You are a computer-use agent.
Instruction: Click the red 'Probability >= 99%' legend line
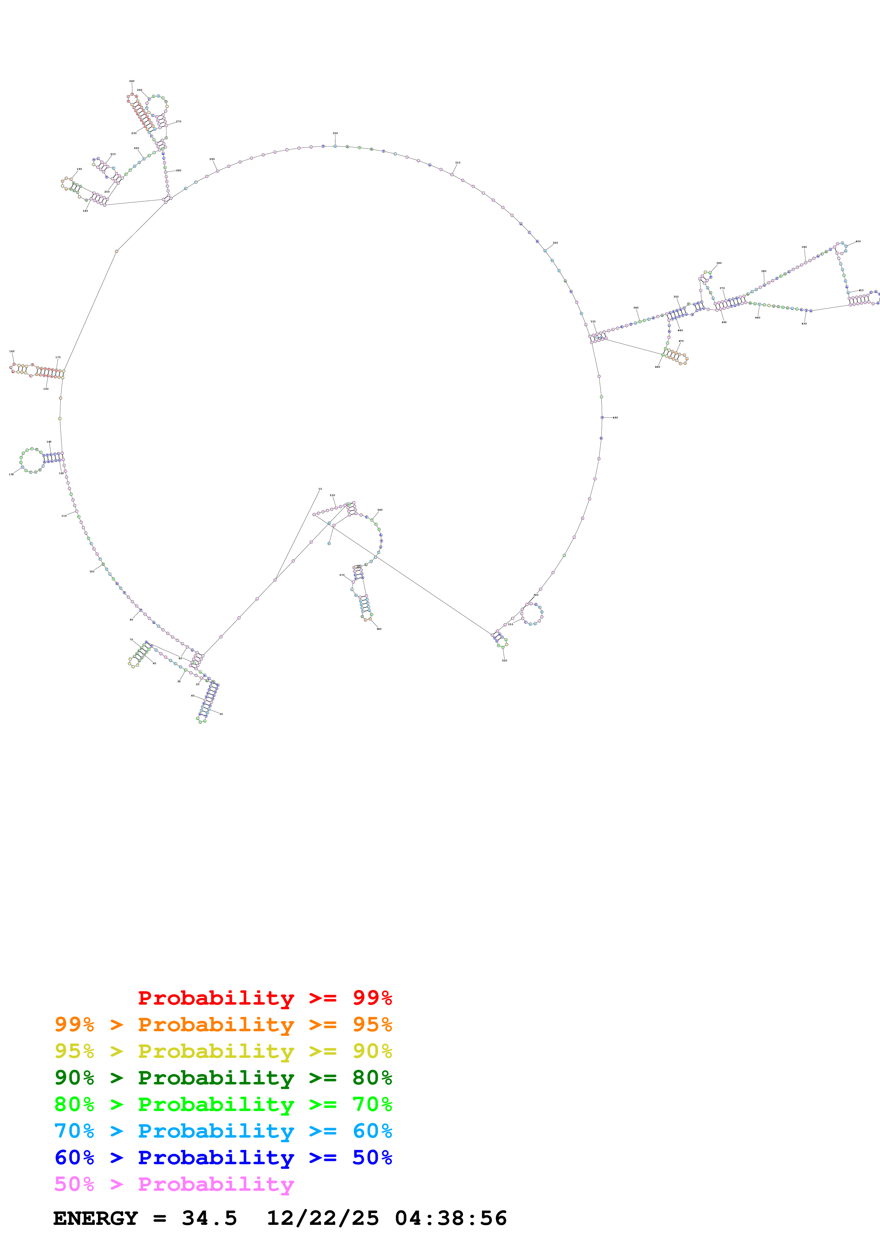point(264,998)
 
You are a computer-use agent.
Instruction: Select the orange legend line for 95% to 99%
point(223,1024)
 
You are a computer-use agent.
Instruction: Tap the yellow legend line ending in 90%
point(223,1051)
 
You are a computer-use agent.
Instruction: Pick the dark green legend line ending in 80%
point(223,1078)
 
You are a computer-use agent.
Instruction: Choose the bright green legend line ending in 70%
point(223,1104)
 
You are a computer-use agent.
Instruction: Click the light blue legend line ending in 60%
point(223,1131)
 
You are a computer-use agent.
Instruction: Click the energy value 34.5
point(209,1218)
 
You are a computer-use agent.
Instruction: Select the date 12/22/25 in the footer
point(323,1218)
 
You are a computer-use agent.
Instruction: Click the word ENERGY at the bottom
point(95,1218)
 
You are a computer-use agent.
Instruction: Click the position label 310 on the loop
point(458,162)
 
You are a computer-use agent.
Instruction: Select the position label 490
point(616,418)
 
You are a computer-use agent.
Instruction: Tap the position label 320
point(555,243)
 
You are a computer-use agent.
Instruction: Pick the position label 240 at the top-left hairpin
point(132,81)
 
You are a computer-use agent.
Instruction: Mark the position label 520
point(504,660)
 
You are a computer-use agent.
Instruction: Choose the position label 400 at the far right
point(858,241)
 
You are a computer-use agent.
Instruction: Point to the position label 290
point(212,159)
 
